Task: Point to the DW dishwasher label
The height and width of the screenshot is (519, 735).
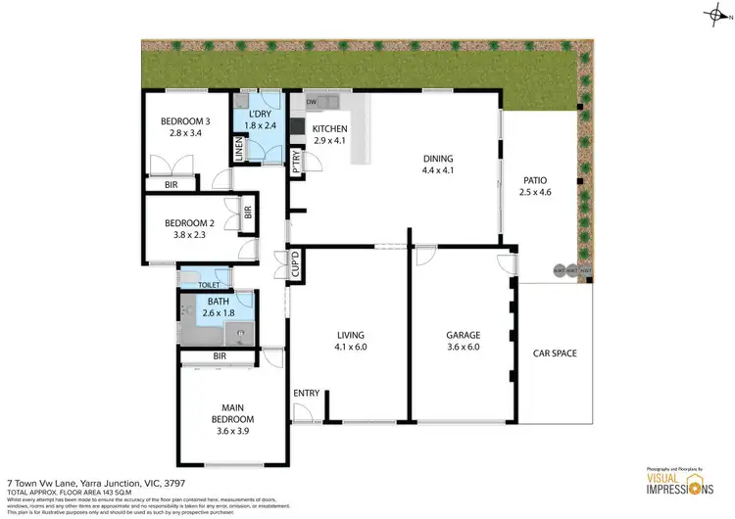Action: click(311, 102)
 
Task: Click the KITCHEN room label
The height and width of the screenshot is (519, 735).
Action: click(328, 128)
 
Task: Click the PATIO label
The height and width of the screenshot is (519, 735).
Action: click(534, 180)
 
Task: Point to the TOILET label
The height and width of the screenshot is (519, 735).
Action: click(210, 285)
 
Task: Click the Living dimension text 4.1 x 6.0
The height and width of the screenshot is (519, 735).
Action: click(356, 347)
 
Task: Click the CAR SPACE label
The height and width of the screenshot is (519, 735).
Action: click(555, 354)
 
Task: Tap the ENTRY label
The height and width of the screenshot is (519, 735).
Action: click(307, 394)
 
